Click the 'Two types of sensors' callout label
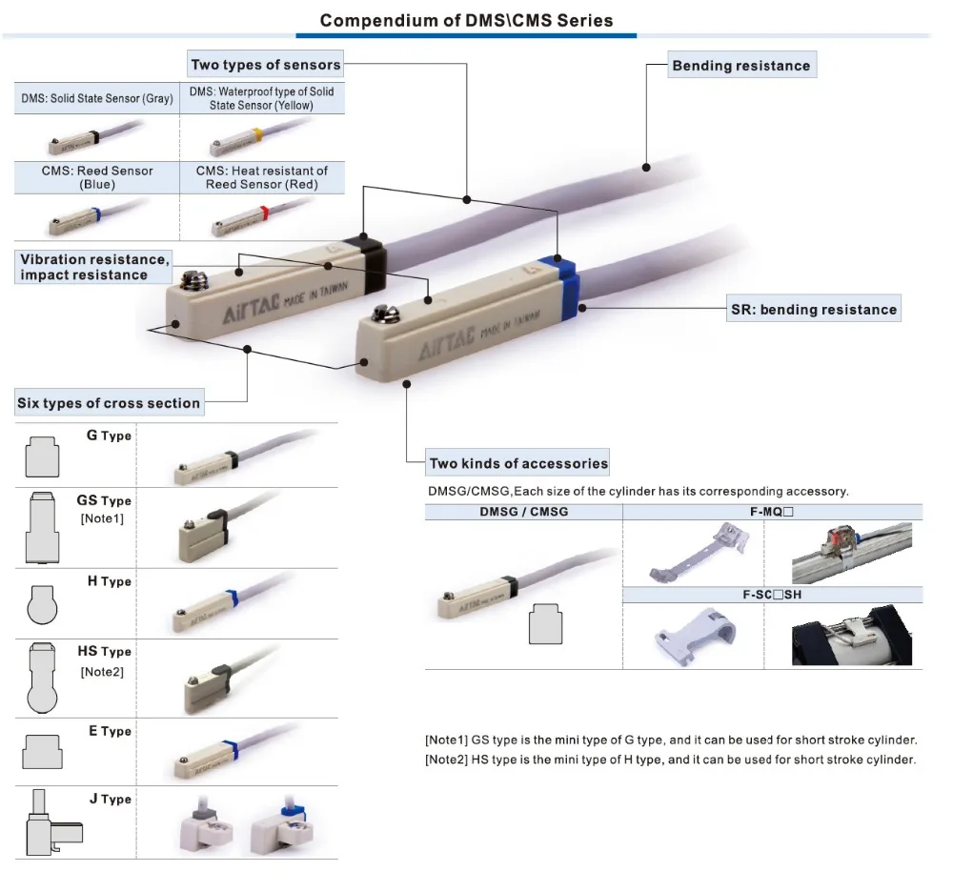pyautogui.click(x=266, y=65)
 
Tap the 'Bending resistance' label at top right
pyautogui.click(x=741, y=66)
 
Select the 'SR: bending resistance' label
pyautogui.click(x=814, y=310)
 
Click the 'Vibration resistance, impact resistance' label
pyautogui.click(x=93, y=268)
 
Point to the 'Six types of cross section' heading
pyautogui.click(x=109, y=403)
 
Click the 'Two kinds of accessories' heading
pyautogui.click(x=518, y=464)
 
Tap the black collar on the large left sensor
pyautogui.click(x=366, y=262)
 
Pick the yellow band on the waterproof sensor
pyautogui.click(x=257, y=133)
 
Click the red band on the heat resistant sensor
pyautogui.click(x=264, y=213)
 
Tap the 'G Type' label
pyautogui.click(x=109, y=436)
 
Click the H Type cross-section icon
pyautogui.click(x=42, y=604)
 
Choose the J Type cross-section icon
pyautogui.click(x=52, y=823)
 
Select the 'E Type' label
pyautogui.click(x=110, y=731)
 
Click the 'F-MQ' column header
pyautogui.click(x=772, y=512)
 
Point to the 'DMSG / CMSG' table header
pyautogui.click(x=524, y=512)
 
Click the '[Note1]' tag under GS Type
pyautogui.click(x=102, y=518)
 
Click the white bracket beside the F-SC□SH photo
pyautogui.click(x=695, y=636)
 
